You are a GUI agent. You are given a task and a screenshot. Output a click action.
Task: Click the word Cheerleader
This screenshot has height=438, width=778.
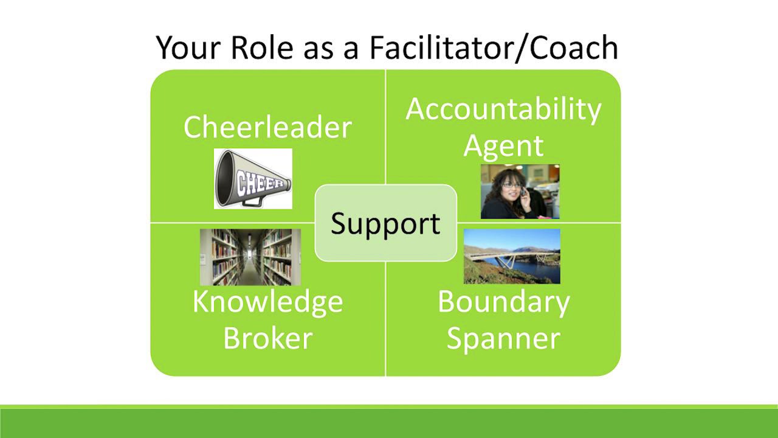(267, 128)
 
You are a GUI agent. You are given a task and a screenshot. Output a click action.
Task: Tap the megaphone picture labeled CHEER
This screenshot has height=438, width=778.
(253, 179)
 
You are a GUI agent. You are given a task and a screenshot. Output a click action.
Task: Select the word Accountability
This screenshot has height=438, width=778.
(503, 109)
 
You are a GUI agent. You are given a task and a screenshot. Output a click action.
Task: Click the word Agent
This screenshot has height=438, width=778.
(503, 147)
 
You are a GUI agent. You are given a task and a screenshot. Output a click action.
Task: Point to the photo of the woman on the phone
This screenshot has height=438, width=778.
(520, 192)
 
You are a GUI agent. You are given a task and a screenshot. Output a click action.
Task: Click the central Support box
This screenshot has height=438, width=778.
(385, 223)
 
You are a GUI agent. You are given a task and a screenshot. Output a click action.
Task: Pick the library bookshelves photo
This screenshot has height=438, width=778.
(250, 257)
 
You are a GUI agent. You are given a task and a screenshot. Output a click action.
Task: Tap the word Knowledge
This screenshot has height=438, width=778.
(267, 302)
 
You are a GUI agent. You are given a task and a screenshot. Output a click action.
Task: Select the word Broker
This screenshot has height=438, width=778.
(267, 338)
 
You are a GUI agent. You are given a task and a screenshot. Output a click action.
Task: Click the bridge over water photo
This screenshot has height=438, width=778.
(512, 256)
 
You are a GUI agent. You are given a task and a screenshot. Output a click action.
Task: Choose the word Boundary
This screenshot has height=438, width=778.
(503, 302)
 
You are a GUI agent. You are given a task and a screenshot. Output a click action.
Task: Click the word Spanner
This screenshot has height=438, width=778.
(503, 338)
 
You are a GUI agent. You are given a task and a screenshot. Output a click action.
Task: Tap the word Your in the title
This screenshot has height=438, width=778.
(189, 47)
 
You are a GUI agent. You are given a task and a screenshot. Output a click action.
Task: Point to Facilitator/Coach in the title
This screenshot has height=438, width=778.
(494, 47)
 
